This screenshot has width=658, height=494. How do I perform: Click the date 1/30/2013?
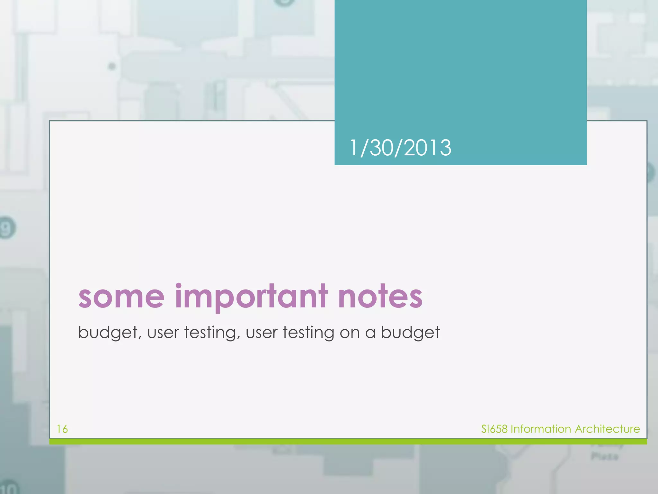point(400,148)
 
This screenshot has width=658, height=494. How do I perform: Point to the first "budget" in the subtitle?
point(110,333)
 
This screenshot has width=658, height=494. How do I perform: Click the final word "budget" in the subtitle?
point(410,333)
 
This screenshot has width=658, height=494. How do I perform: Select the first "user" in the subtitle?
point(163,333)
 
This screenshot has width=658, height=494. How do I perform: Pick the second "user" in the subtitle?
point(262,333)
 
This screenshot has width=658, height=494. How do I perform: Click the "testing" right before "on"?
point(308,333)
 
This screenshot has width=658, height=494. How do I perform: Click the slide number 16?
point(62,429)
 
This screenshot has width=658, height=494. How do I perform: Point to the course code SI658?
point(494,429)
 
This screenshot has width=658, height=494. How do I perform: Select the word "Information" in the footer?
point(541,429)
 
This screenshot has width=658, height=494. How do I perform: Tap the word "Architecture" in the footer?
point(607,429)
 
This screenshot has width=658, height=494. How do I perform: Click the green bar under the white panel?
point(348,442)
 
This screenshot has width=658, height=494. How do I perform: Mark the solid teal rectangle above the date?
point(460,64)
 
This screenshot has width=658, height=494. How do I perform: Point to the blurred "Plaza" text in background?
point(604,456)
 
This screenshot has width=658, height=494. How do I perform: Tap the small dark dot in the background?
point(112,67)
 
